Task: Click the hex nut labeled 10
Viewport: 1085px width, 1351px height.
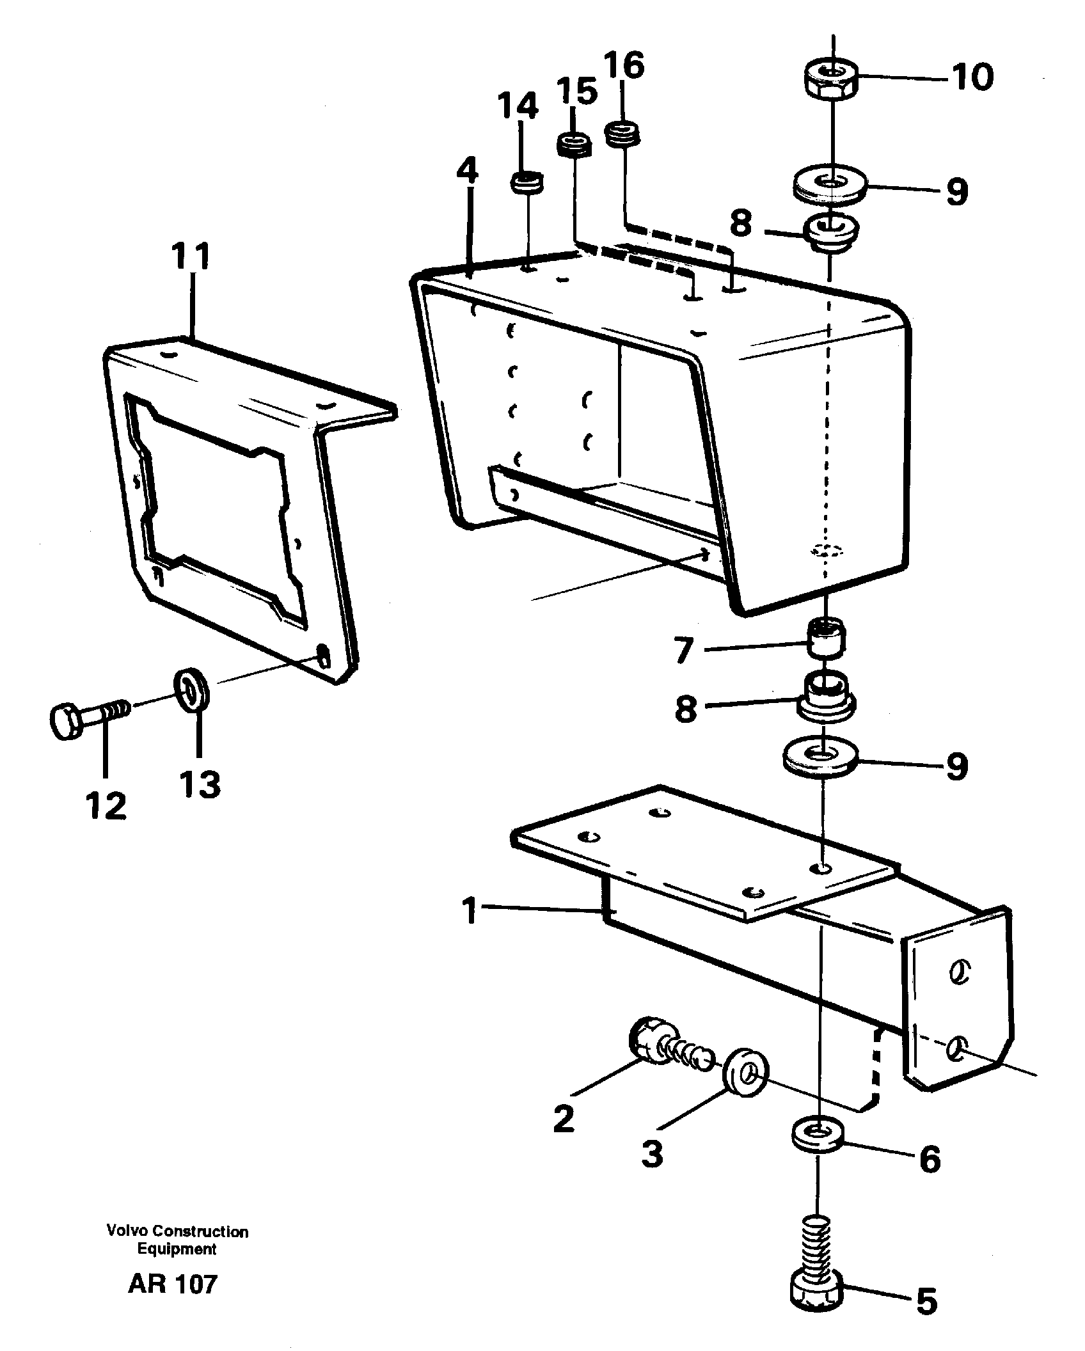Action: (x=830, y=79)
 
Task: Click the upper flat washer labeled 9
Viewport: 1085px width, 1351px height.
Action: (x=830, y=186)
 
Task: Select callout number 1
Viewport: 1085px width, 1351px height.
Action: (x=470, y=911)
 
